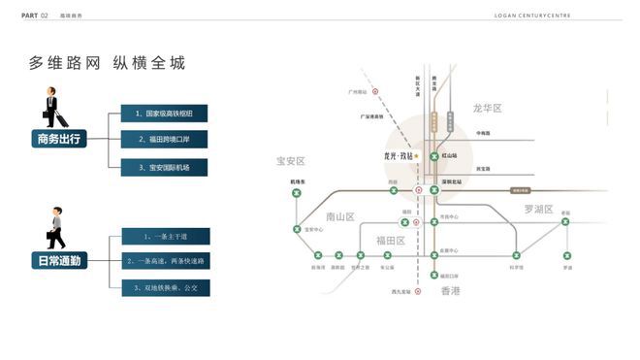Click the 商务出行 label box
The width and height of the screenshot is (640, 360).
pos(60,139)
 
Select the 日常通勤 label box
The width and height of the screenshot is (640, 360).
pos(60,260)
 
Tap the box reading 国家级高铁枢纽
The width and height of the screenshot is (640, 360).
pos(164,114)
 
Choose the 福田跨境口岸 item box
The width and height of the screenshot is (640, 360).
pos(164,140)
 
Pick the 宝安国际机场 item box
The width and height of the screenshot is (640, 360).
pos(164,167)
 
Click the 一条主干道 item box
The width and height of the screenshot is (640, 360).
pos(166,236)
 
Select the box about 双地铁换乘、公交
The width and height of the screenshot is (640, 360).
pos(166,287)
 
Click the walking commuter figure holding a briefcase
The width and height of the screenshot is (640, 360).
pos(56,228)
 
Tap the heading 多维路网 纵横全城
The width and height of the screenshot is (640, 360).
pos(107,63)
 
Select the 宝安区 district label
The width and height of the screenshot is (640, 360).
pos(291,161)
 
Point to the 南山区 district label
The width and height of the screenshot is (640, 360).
pos(341,216)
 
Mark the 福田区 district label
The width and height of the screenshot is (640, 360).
pos(391,241)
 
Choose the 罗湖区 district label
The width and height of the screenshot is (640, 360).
pos(538,209)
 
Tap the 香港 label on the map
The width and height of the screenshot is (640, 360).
pos(451,290)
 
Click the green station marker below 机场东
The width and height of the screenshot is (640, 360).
pos(297,193)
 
